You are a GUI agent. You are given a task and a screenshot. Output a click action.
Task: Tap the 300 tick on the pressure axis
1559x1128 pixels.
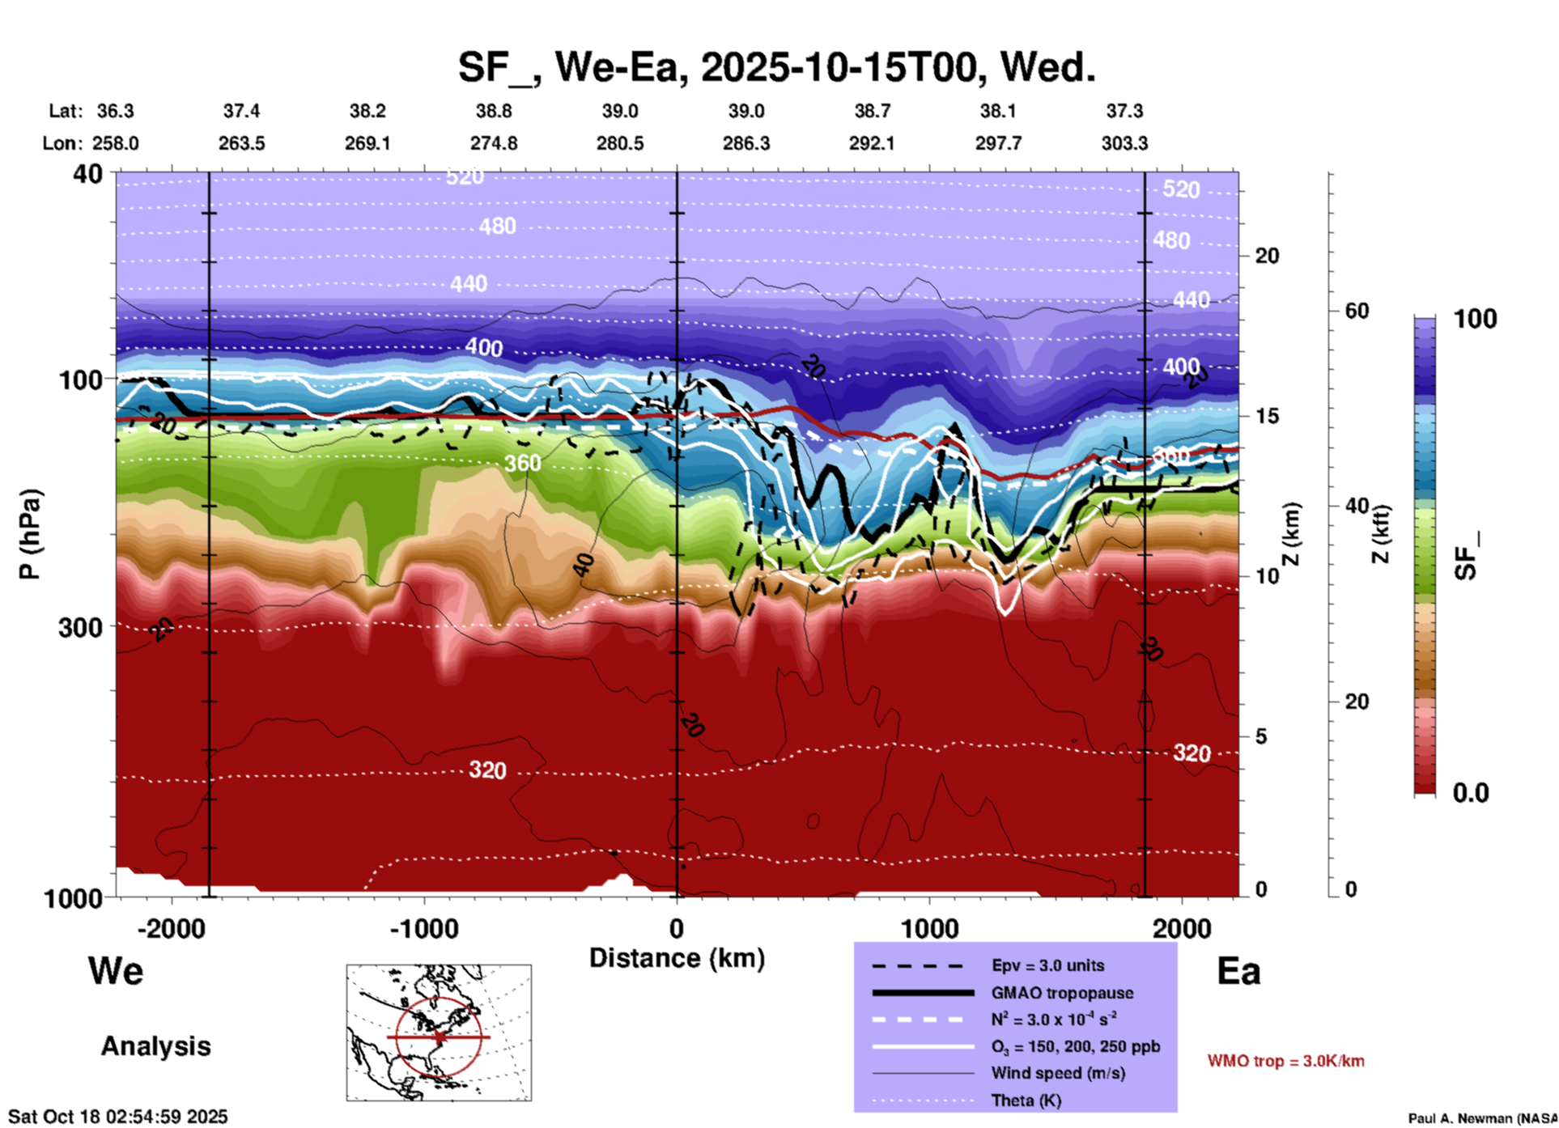click(x=81, y=627)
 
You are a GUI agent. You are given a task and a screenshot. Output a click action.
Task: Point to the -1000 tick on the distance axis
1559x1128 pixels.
click(x=424, y=928)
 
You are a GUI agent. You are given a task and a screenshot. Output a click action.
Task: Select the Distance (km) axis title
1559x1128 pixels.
click(x=677, y=958)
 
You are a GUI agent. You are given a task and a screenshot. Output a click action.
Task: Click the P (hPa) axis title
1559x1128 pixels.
click(x=29, y=534)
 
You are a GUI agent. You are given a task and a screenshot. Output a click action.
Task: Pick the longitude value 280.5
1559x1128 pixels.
click(x=620, y=143)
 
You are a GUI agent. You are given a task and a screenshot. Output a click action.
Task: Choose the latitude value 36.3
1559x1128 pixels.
click(x=115, y=111)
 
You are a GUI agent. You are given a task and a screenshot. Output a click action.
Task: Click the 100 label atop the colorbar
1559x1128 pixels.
click(x=1475, y=319)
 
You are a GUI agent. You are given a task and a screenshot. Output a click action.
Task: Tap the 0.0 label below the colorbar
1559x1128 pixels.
click(x=1471, y=793)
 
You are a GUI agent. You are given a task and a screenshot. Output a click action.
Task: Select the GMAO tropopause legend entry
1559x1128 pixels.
click(x=1062, y=993)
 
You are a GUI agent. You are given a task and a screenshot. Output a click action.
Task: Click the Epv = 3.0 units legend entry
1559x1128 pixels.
click(x=1047, y=965)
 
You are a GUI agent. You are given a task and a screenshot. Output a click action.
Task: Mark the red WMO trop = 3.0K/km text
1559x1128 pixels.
click(x=1285, y=1061)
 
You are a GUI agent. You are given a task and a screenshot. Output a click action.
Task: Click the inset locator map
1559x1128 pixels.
click(x=439, y=1033)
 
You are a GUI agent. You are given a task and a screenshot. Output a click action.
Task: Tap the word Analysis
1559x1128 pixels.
click(x=155, y=1046)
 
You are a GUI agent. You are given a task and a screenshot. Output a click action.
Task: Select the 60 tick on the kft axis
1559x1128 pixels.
click(x=1357, y=311)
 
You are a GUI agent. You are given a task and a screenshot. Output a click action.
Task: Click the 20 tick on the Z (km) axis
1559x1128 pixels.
click(x=1267, y=256)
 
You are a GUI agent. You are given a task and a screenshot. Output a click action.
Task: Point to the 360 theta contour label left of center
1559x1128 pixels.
click(x=522, y=464)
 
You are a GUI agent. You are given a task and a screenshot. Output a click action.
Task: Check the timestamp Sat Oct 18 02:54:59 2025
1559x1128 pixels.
click(x=118, y=1117)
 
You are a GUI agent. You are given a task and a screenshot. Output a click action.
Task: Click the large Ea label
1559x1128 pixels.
click(x=1238, y=971)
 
